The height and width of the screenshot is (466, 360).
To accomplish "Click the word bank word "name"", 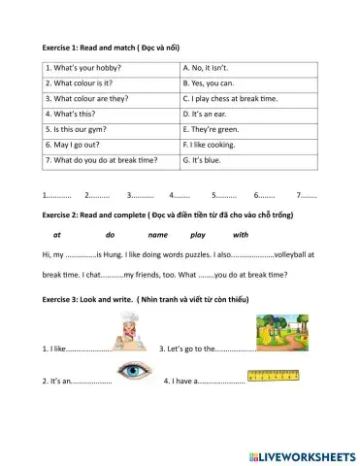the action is click(158, 235).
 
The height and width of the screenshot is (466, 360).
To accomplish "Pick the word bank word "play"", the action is click(198, 235).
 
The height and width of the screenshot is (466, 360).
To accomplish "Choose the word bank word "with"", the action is click(241, 235).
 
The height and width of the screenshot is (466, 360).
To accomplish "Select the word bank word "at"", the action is click(57, 235).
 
